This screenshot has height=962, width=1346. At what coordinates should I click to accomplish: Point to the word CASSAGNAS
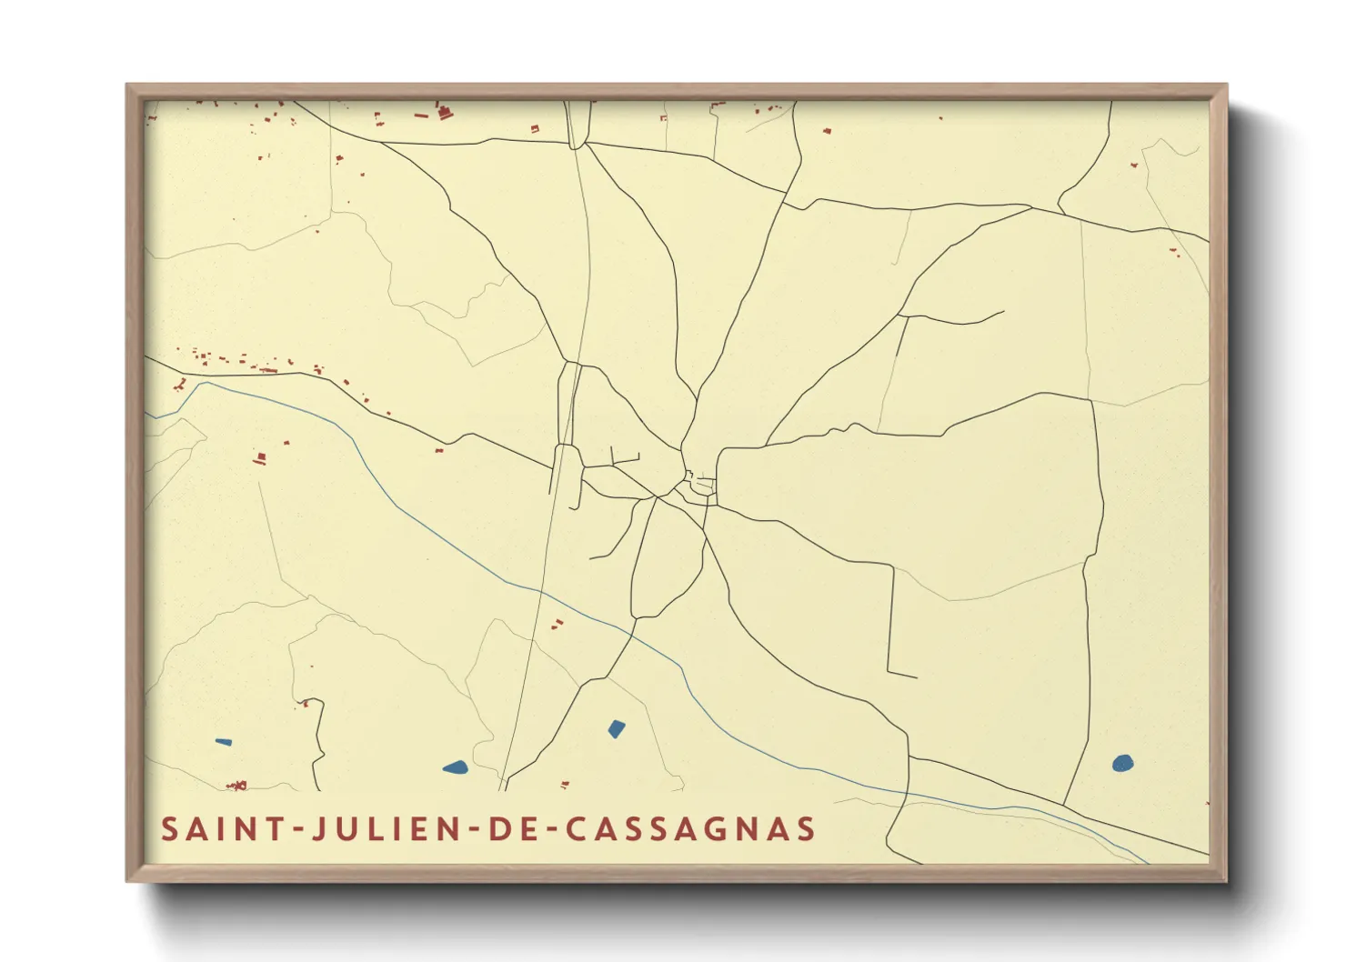click(691, 829)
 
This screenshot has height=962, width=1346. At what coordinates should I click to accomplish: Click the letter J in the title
click(319, 829)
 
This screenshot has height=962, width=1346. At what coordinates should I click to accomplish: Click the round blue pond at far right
click(1122, 763)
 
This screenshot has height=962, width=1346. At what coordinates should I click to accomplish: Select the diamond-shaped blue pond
click(617, 728)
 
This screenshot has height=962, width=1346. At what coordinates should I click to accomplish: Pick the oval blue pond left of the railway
click(455, 767)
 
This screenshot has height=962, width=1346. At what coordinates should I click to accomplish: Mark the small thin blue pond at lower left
click(223, 742)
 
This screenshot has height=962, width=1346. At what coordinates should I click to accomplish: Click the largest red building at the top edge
click(445, 113)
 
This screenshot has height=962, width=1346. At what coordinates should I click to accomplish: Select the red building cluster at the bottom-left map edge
click(237, 785)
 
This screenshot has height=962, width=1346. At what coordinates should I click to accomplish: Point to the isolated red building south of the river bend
click(260, 458)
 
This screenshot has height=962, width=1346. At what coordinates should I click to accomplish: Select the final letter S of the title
click(805, 829)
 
